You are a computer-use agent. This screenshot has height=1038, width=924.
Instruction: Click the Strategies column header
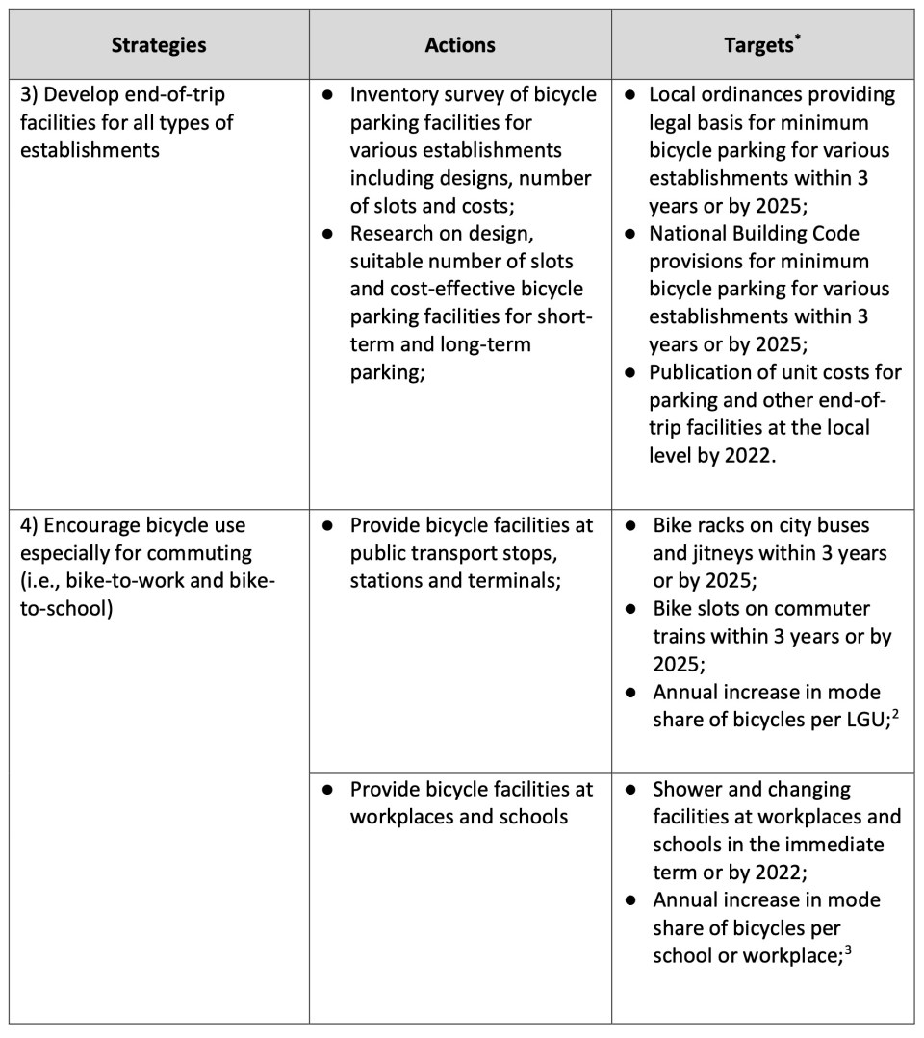(x=158, y=45)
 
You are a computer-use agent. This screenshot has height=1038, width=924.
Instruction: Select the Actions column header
(x=459, y=45)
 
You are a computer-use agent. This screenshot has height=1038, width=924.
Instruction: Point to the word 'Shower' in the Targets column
(x=686, y=789)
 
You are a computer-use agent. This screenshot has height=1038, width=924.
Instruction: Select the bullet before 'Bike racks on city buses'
(x=629, y=526)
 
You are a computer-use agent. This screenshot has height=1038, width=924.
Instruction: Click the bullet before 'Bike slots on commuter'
(x=629, y=609)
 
